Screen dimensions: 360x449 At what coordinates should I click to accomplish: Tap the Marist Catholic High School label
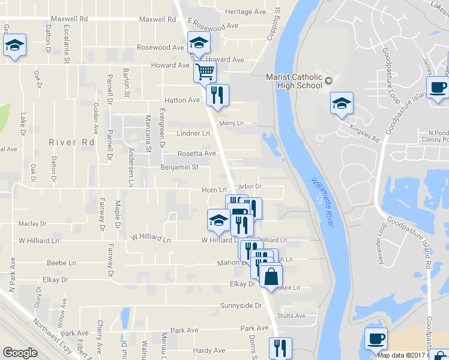295,81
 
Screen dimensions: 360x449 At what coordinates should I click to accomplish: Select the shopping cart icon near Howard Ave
205,71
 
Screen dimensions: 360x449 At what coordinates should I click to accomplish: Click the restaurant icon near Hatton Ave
217,95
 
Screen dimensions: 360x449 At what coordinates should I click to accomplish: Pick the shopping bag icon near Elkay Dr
270,277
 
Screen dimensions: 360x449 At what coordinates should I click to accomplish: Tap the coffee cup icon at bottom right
376,338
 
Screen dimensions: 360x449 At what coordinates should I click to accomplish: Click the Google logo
20,353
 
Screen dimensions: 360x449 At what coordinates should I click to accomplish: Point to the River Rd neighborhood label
71,142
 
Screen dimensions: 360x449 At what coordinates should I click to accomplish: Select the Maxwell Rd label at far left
70,19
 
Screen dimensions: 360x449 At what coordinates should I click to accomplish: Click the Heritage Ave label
245,11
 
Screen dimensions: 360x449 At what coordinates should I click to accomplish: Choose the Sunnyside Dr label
241,305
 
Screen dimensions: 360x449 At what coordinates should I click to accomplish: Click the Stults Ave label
292,316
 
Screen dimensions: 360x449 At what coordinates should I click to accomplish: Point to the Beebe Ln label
62,263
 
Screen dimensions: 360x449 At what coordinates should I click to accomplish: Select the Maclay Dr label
32,224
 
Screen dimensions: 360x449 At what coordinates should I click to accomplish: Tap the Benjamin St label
179,167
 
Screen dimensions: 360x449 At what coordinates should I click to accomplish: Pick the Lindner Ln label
193,133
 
